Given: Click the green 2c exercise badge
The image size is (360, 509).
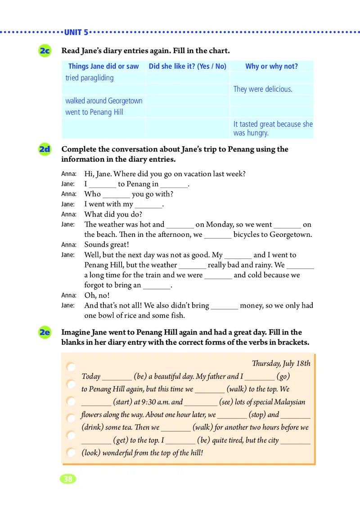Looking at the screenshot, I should click(45, 51).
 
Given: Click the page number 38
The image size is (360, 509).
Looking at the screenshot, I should click(68, 479).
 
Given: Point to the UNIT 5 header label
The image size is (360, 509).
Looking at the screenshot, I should click(76, 32).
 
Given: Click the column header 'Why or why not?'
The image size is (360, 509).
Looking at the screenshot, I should click(271, 66).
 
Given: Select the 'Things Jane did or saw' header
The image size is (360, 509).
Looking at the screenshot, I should click(103, 66).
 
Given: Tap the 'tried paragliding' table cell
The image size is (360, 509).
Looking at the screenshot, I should click(90, 78).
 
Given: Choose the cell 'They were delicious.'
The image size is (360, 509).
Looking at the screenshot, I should click(263, 89).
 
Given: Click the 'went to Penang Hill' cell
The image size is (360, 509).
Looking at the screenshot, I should click(94, 112).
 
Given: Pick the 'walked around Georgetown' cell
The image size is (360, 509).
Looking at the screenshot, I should click(103, 101).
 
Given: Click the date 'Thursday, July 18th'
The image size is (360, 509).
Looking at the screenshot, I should click(281, 363).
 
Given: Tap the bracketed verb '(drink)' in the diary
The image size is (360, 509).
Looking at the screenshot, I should click(92, 428).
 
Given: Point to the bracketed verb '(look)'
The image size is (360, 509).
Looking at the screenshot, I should click(91, 453).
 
